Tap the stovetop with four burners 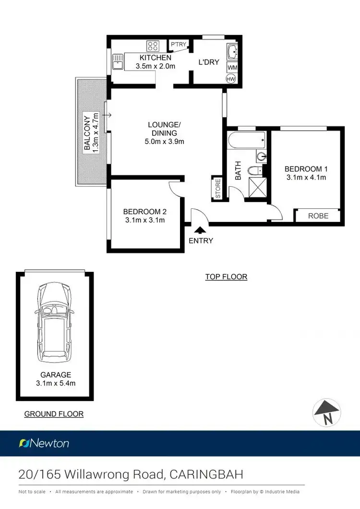(x=153, y=46)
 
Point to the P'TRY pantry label (x=178, y=45)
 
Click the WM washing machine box (x=231, y=68)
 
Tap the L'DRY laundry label (x=209, y=62)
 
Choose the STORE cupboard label (x=217, y=188)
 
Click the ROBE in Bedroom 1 (x=318, y=216)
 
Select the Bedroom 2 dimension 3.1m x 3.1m (x=144, y=220)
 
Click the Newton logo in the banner (x=44, y=443)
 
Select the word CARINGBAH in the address (x=206, y=474)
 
